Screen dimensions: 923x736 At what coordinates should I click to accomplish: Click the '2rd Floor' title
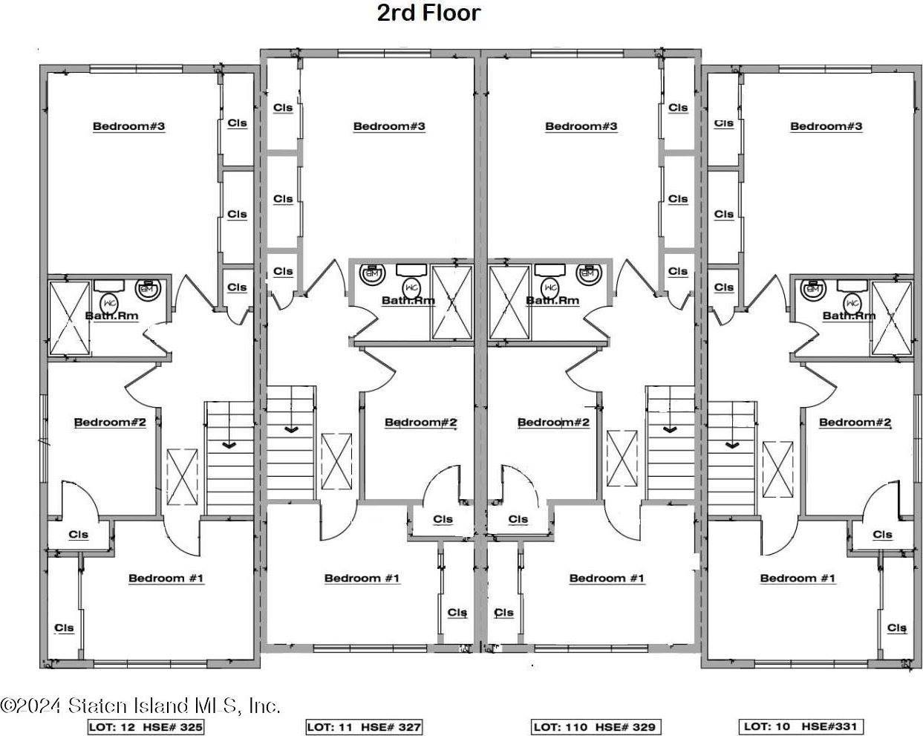[428, 13]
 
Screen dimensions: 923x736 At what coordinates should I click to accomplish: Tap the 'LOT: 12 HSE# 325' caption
[146, 727]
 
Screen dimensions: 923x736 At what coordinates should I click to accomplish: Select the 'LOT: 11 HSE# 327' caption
[364, 727]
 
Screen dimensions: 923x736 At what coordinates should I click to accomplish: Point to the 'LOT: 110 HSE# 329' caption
[596, 727]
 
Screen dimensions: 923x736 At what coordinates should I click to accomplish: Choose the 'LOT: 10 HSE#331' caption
[800, 726]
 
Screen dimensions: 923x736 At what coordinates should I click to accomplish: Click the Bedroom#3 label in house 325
[128, 126]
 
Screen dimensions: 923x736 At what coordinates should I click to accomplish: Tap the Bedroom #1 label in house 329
[607, 578]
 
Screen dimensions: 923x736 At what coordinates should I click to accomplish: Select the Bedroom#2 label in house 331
[855, 422]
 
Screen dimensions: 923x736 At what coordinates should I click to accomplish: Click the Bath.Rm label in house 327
[408, 300]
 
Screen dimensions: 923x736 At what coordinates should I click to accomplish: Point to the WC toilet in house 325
[110, 303]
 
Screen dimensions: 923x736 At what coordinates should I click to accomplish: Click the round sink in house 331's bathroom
[813, 289]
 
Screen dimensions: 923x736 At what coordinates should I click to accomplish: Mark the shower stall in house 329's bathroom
[509, 302]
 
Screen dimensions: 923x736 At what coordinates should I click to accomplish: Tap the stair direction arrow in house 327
[291, 429]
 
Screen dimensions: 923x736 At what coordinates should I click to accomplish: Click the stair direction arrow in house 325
[229, 446]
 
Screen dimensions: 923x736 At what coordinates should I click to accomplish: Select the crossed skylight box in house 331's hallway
[778, 469]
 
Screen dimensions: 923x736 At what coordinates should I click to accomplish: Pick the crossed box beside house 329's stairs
[622, 458]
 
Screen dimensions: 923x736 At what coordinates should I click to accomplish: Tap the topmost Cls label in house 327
[283, 107]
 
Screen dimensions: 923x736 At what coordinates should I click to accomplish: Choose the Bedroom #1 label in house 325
[166, 578]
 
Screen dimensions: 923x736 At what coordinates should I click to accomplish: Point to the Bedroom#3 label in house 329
[581, 126]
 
